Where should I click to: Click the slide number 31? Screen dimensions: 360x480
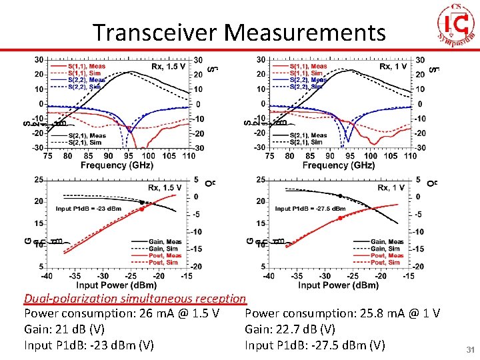tap(469, 349)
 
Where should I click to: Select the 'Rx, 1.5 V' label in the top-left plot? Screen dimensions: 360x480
tap(167, 67)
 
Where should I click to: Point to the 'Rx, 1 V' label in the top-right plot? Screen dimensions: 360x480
tap(393, 67)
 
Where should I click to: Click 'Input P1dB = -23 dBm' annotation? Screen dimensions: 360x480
tap(89, 209)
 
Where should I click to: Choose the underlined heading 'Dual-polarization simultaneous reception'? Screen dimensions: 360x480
tap(135, 299)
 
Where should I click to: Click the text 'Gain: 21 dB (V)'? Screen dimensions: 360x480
tap(64, 329)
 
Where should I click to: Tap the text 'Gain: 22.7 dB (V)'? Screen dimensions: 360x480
tap(290, 329)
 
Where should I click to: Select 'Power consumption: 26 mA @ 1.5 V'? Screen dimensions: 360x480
tap(122, 313)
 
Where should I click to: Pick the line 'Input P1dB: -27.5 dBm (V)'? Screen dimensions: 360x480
tap(315, 345)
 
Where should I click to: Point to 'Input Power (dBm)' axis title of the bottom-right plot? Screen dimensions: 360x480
tap(338, 285)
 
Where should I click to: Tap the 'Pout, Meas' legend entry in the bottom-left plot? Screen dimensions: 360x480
tap(165, 255)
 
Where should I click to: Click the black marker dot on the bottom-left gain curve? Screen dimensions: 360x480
tap(142, 201)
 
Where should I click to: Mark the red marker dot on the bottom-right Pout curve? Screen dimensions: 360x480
tap(340, 218)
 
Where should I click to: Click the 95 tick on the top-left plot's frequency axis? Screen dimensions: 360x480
tap(128, 155)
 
